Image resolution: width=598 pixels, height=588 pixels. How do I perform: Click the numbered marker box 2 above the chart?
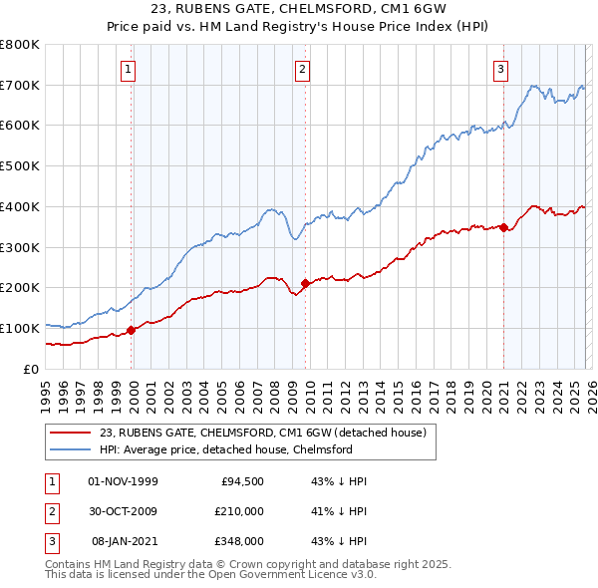(x=301, y=69)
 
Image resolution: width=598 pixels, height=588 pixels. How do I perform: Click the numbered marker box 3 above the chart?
(x=499, y=69)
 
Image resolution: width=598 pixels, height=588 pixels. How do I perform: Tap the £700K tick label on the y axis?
(x=20, y=85)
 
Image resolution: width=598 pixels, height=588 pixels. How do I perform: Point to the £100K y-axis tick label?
(x=20, y=328)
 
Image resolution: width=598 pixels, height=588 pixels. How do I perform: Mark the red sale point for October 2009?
(x=305, y=284)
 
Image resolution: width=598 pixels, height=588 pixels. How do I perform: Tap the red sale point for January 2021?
(x=504, y=227)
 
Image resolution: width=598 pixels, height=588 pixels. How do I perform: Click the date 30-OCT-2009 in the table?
(x=124, y=511)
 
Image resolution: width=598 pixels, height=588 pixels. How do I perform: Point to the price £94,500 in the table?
(x=241, y=481)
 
